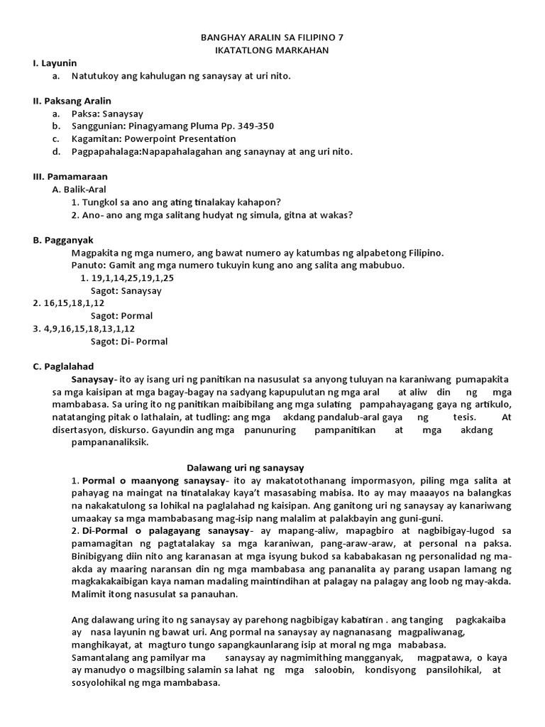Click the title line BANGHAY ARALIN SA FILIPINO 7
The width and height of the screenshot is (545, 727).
[x=273, y=37]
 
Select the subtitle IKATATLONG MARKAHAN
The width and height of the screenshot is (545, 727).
[x=273, y=50]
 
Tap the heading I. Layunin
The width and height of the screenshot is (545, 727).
[x=55, y=62]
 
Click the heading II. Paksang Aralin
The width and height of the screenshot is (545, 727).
[x=72, y=101]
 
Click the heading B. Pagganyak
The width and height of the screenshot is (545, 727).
[x=63, y=240]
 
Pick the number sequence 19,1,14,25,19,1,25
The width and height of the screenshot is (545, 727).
[x=133, y=278]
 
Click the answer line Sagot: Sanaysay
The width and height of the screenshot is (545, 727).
[x=126, y=290]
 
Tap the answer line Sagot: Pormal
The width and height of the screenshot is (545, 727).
[x=122, y=315]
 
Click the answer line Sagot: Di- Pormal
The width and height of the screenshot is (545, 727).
[x=129, y=341]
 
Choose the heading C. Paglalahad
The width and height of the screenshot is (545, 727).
[x=63, y=366]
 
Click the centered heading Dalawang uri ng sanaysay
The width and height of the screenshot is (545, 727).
[x=245, y=467]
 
